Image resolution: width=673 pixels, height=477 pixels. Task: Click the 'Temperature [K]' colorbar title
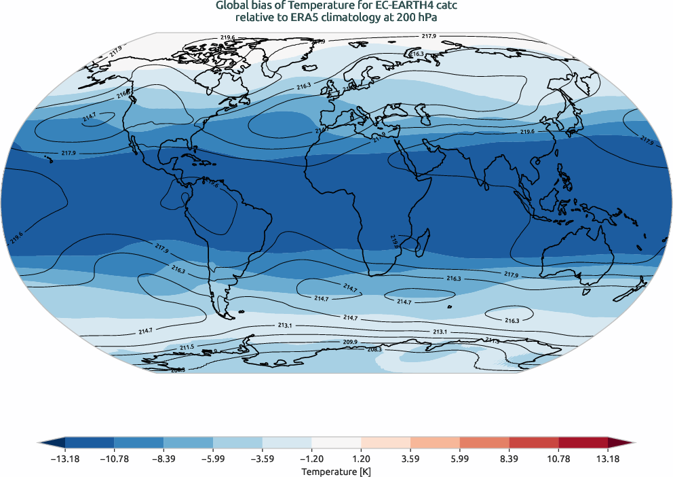tap(336, 471)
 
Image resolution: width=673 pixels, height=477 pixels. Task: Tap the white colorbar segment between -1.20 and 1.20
tap(336, 442)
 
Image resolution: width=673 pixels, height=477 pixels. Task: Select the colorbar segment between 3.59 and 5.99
tap(435, 442)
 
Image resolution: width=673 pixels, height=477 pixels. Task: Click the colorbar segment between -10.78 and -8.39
tap(139, 442)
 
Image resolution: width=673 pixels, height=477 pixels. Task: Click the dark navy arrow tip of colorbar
tap(51, 442)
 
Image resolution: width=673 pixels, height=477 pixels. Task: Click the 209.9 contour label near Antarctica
tap(351, 342)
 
